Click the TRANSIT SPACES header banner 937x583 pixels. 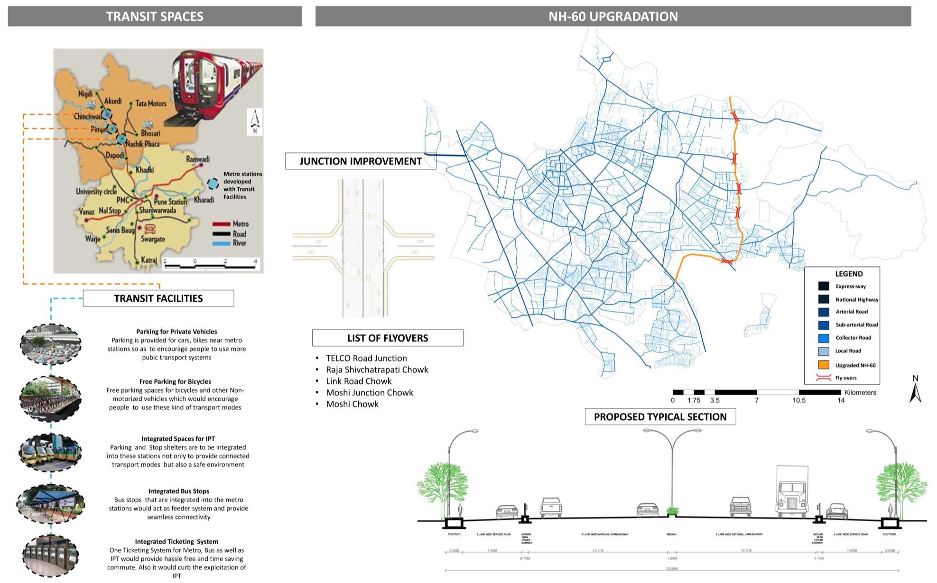click(155, 17)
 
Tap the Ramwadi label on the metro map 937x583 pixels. click(197, 159)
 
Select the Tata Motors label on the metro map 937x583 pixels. click(151, 103)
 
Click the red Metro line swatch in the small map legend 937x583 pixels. click(221, 224)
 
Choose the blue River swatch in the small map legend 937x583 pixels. click(221, 243)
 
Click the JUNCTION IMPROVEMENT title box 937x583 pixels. click(360, 161)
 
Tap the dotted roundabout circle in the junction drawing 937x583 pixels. click(363, 247)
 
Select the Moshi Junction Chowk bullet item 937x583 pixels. click(369, 393)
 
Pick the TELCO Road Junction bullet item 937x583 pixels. click(366, 359)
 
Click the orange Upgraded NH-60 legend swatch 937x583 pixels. click(824, 365)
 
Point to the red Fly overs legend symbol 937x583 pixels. click(824, 378)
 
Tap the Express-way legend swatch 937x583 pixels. click(824, 286)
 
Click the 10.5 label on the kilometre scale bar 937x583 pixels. click(799, 400)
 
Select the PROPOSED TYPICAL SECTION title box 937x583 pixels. click(660, 417)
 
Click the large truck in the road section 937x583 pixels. click(792, 493)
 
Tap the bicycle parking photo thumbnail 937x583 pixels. click(50, 398)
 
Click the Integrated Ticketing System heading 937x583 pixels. click(176, 542)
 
